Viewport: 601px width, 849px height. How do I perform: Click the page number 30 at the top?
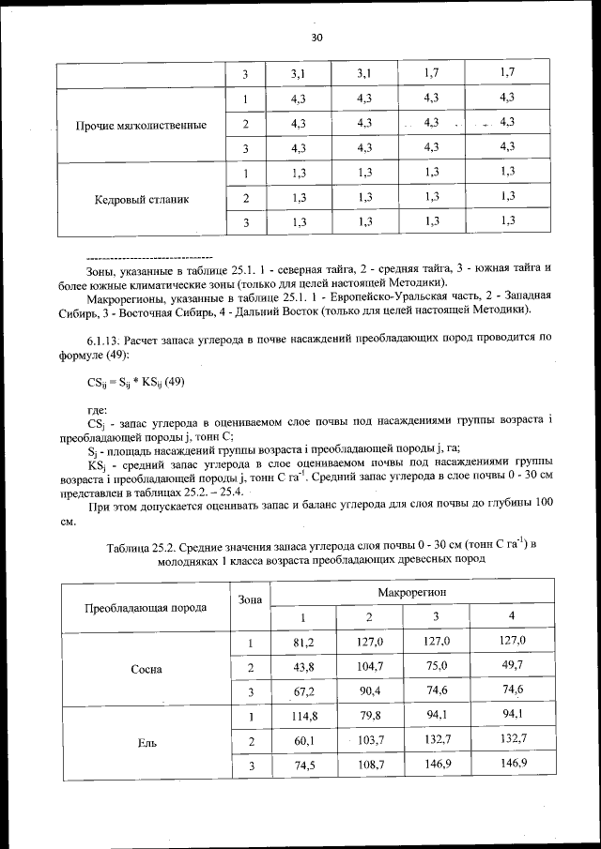(316, 38)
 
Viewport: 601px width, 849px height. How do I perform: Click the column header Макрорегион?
(412, 594)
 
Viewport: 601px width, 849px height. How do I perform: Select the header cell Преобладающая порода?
(146, 607)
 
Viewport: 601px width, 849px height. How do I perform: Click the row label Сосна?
(148, 669)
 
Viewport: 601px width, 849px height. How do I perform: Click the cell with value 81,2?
(302, 641)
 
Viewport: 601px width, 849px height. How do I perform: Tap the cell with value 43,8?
(302, 666)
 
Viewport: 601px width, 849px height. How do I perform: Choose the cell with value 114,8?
(302, 717)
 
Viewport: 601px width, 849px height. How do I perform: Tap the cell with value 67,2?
(302, 691)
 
